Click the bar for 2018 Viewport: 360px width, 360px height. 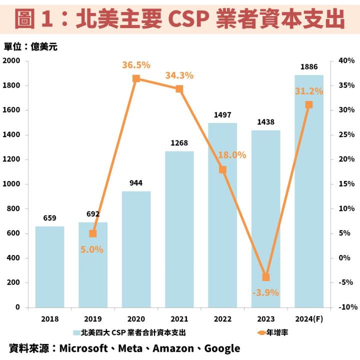[49, 267]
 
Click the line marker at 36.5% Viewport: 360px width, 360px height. [136, 78]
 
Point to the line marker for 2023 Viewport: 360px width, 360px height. [265, 277]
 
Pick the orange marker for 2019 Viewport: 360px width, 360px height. [93, 233]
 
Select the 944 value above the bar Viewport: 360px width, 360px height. [136, 182]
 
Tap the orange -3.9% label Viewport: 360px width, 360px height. [265, 292]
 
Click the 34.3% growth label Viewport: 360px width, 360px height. [179, 76]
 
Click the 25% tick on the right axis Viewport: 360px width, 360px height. [346, 135]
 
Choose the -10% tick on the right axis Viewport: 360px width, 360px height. [345, 307]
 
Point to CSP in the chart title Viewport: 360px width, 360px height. [189, 19]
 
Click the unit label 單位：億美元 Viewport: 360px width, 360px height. [31, 47]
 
